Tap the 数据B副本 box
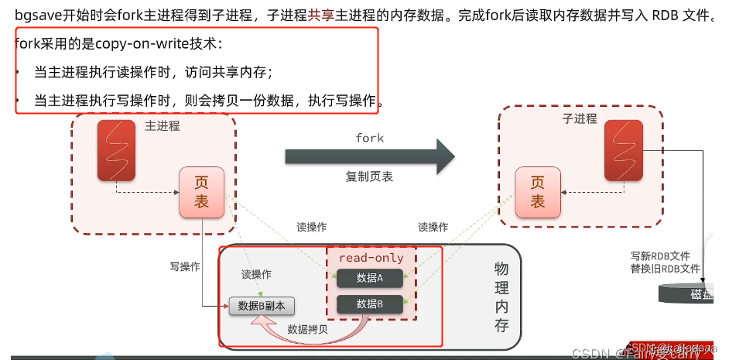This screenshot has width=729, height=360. click(x=262, y=306)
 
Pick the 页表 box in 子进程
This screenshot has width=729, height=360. click(x=538, y=192)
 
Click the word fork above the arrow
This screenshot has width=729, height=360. click(x=369, y=138)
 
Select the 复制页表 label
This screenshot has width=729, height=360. click(x=369, y=177)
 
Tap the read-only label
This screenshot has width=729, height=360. click(x=371, y=258)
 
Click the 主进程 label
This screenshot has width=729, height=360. click(x=162, y=125)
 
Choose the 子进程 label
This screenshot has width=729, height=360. click(x=580, y=118)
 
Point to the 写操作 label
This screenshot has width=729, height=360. click(x=185, y=266)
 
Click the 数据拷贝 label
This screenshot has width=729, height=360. click(x=306, y=329)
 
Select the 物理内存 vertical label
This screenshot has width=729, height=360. click(x=501, y=297)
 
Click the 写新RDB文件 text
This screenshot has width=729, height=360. click(x=660, y=256)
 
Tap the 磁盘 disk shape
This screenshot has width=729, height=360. click(x=693, y=294)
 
